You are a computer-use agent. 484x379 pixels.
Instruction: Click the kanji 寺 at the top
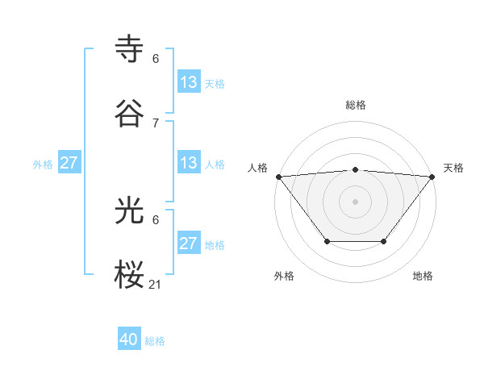[130, 49]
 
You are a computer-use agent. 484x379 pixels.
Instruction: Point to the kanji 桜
[130, 275]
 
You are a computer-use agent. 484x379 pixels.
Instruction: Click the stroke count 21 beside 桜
[156, 284]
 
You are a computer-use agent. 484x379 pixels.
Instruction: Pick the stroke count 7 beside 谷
[156, 123]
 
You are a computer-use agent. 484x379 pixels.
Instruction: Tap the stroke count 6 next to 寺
[156, 59]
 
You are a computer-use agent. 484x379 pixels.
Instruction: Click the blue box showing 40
[129, 340]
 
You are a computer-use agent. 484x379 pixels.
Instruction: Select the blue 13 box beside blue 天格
[189, 82]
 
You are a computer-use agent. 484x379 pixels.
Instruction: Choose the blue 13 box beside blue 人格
[189, 163]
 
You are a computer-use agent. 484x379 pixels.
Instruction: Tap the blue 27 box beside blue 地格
[189, 244]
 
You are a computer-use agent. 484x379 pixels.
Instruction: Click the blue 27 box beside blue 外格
[69, 163]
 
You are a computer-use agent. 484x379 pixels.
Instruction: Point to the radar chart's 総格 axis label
[356, 105]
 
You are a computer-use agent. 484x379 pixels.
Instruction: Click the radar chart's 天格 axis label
[454, 168]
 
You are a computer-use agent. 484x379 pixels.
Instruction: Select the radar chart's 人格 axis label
[257, 168]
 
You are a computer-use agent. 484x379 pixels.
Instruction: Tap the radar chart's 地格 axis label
[423, 277]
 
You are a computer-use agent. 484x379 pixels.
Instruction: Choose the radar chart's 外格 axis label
[284, 277]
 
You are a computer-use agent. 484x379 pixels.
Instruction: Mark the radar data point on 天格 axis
[432, 176]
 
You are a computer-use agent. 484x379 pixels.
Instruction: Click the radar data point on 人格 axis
[278, 176]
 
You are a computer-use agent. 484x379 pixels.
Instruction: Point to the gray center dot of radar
[356, 201]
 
